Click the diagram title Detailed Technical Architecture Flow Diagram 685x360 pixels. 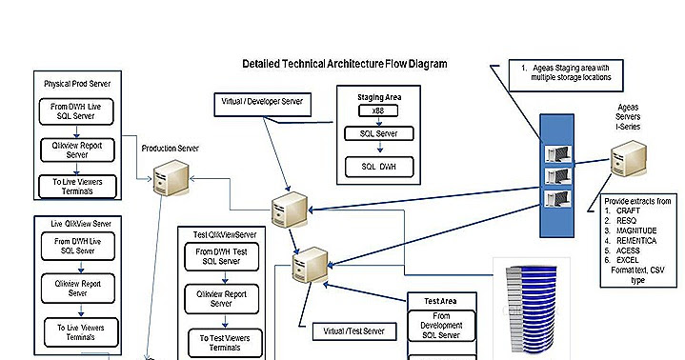[345, 64]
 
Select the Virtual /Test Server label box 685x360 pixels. [348, 331]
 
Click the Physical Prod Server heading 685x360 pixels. [77, 84]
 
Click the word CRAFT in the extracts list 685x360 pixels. [629, 210]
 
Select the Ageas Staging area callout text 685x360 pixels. [570, 73]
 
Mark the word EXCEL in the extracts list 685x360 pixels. [629, 258]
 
